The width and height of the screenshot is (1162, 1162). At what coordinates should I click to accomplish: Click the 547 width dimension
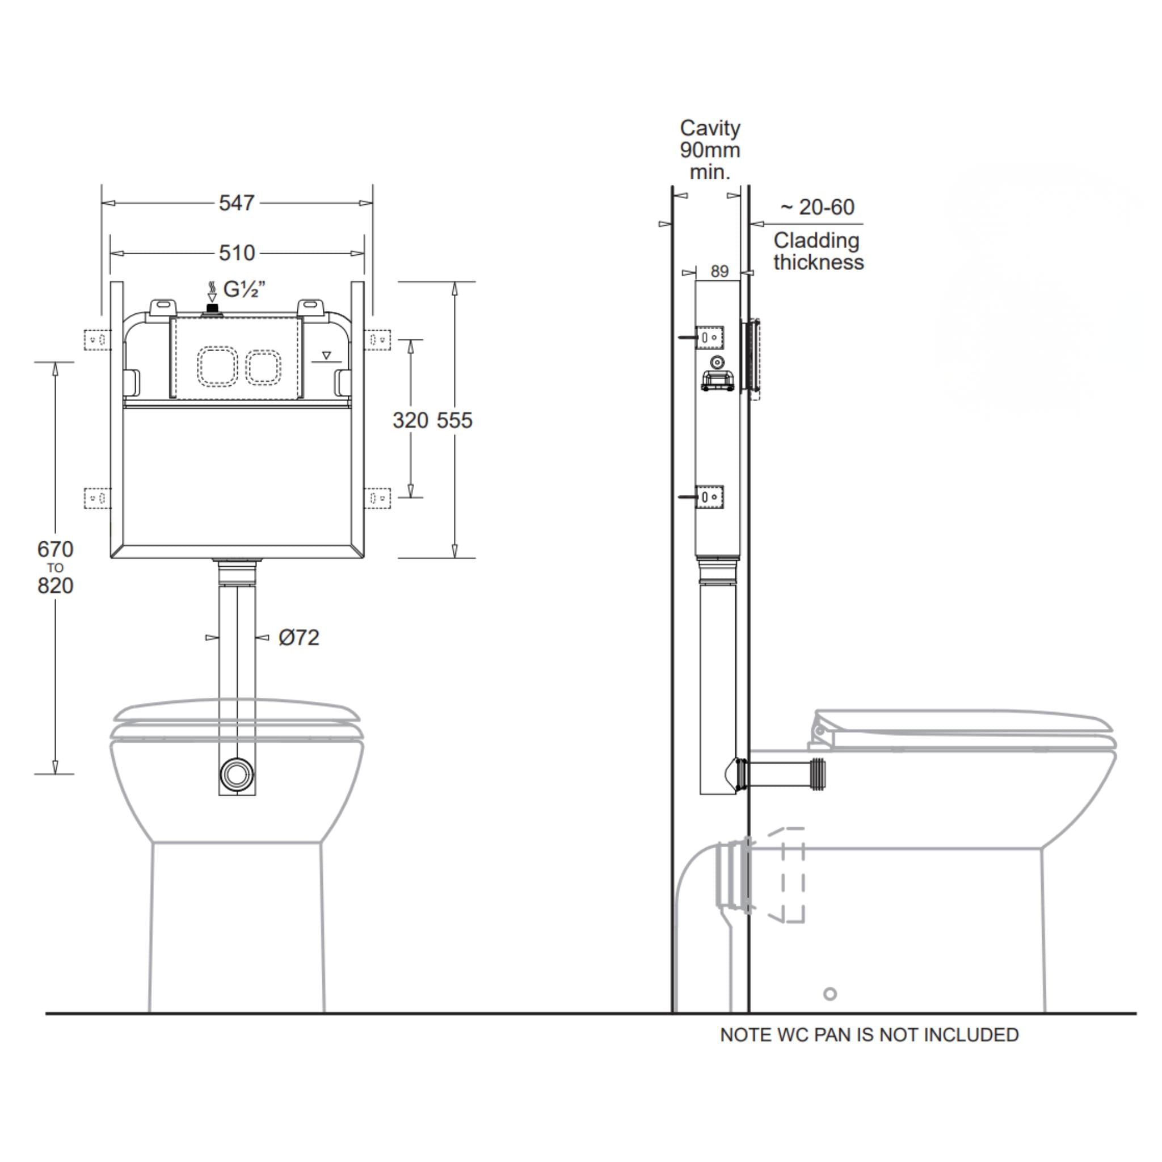tap(237, 203)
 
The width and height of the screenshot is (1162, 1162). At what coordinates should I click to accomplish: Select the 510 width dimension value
tap(237, 253)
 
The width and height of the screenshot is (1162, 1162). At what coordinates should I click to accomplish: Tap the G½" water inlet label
tap(244, 290)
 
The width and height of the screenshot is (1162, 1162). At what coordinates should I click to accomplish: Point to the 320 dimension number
tap(410, 420)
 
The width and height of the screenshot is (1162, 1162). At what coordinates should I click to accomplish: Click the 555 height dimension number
tap(454, 420)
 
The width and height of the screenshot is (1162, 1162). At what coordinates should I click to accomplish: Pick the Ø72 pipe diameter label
tap(298, 638)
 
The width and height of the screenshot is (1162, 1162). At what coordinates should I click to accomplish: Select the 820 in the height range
tap(56, 586)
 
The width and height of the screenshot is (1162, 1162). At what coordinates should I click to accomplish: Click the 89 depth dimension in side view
tap(719, 272)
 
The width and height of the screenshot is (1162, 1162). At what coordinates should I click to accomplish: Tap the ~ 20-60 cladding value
tap(818, 208)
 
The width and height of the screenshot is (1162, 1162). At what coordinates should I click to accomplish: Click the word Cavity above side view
tap(710, 128)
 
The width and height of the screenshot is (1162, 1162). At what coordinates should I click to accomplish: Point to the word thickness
tap(819, 263)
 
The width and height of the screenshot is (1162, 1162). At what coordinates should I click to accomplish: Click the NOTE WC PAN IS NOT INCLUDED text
tap(869, 1035)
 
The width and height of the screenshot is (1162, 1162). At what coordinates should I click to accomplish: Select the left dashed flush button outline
tap(217, 367)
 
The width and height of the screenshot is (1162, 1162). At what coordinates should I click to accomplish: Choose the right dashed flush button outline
tap(263, 367)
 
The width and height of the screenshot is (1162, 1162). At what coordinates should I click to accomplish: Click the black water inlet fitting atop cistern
tap(212, 309)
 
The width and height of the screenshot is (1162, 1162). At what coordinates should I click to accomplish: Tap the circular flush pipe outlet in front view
tap(237, 774)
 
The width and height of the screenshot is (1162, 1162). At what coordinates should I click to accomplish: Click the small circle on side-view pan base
tap(830, 994)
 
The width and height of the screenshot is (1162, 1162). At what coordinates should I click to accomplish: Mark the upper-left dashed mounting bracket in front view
tap(97, 340)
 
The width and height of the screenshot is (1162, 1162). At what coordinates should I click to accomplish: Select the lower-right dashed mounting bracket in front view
tap(378, 498)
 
